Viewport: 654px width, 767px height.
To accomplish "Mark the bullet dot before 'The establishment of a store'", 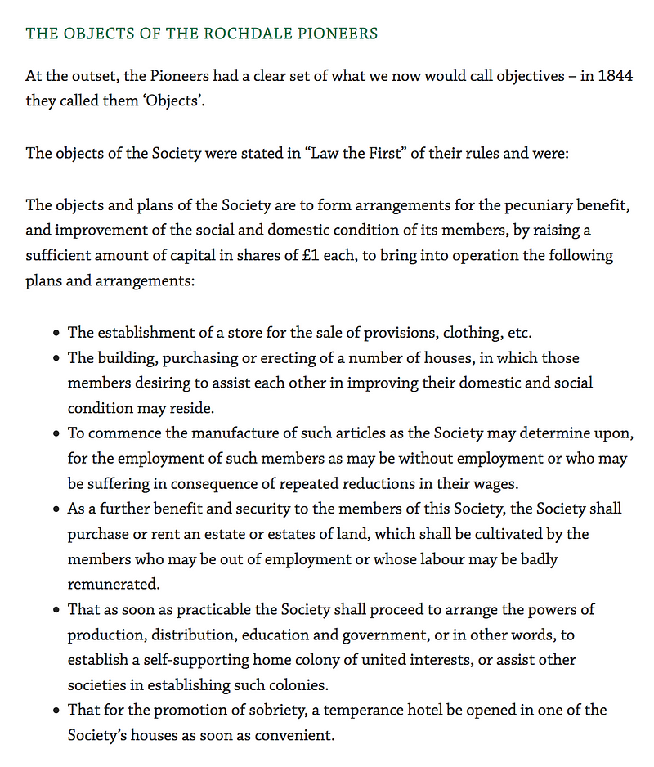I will [x=56, y=333].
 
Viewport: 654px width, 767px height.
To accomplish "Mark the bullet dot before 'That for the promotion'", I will [x=56, y=711].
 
